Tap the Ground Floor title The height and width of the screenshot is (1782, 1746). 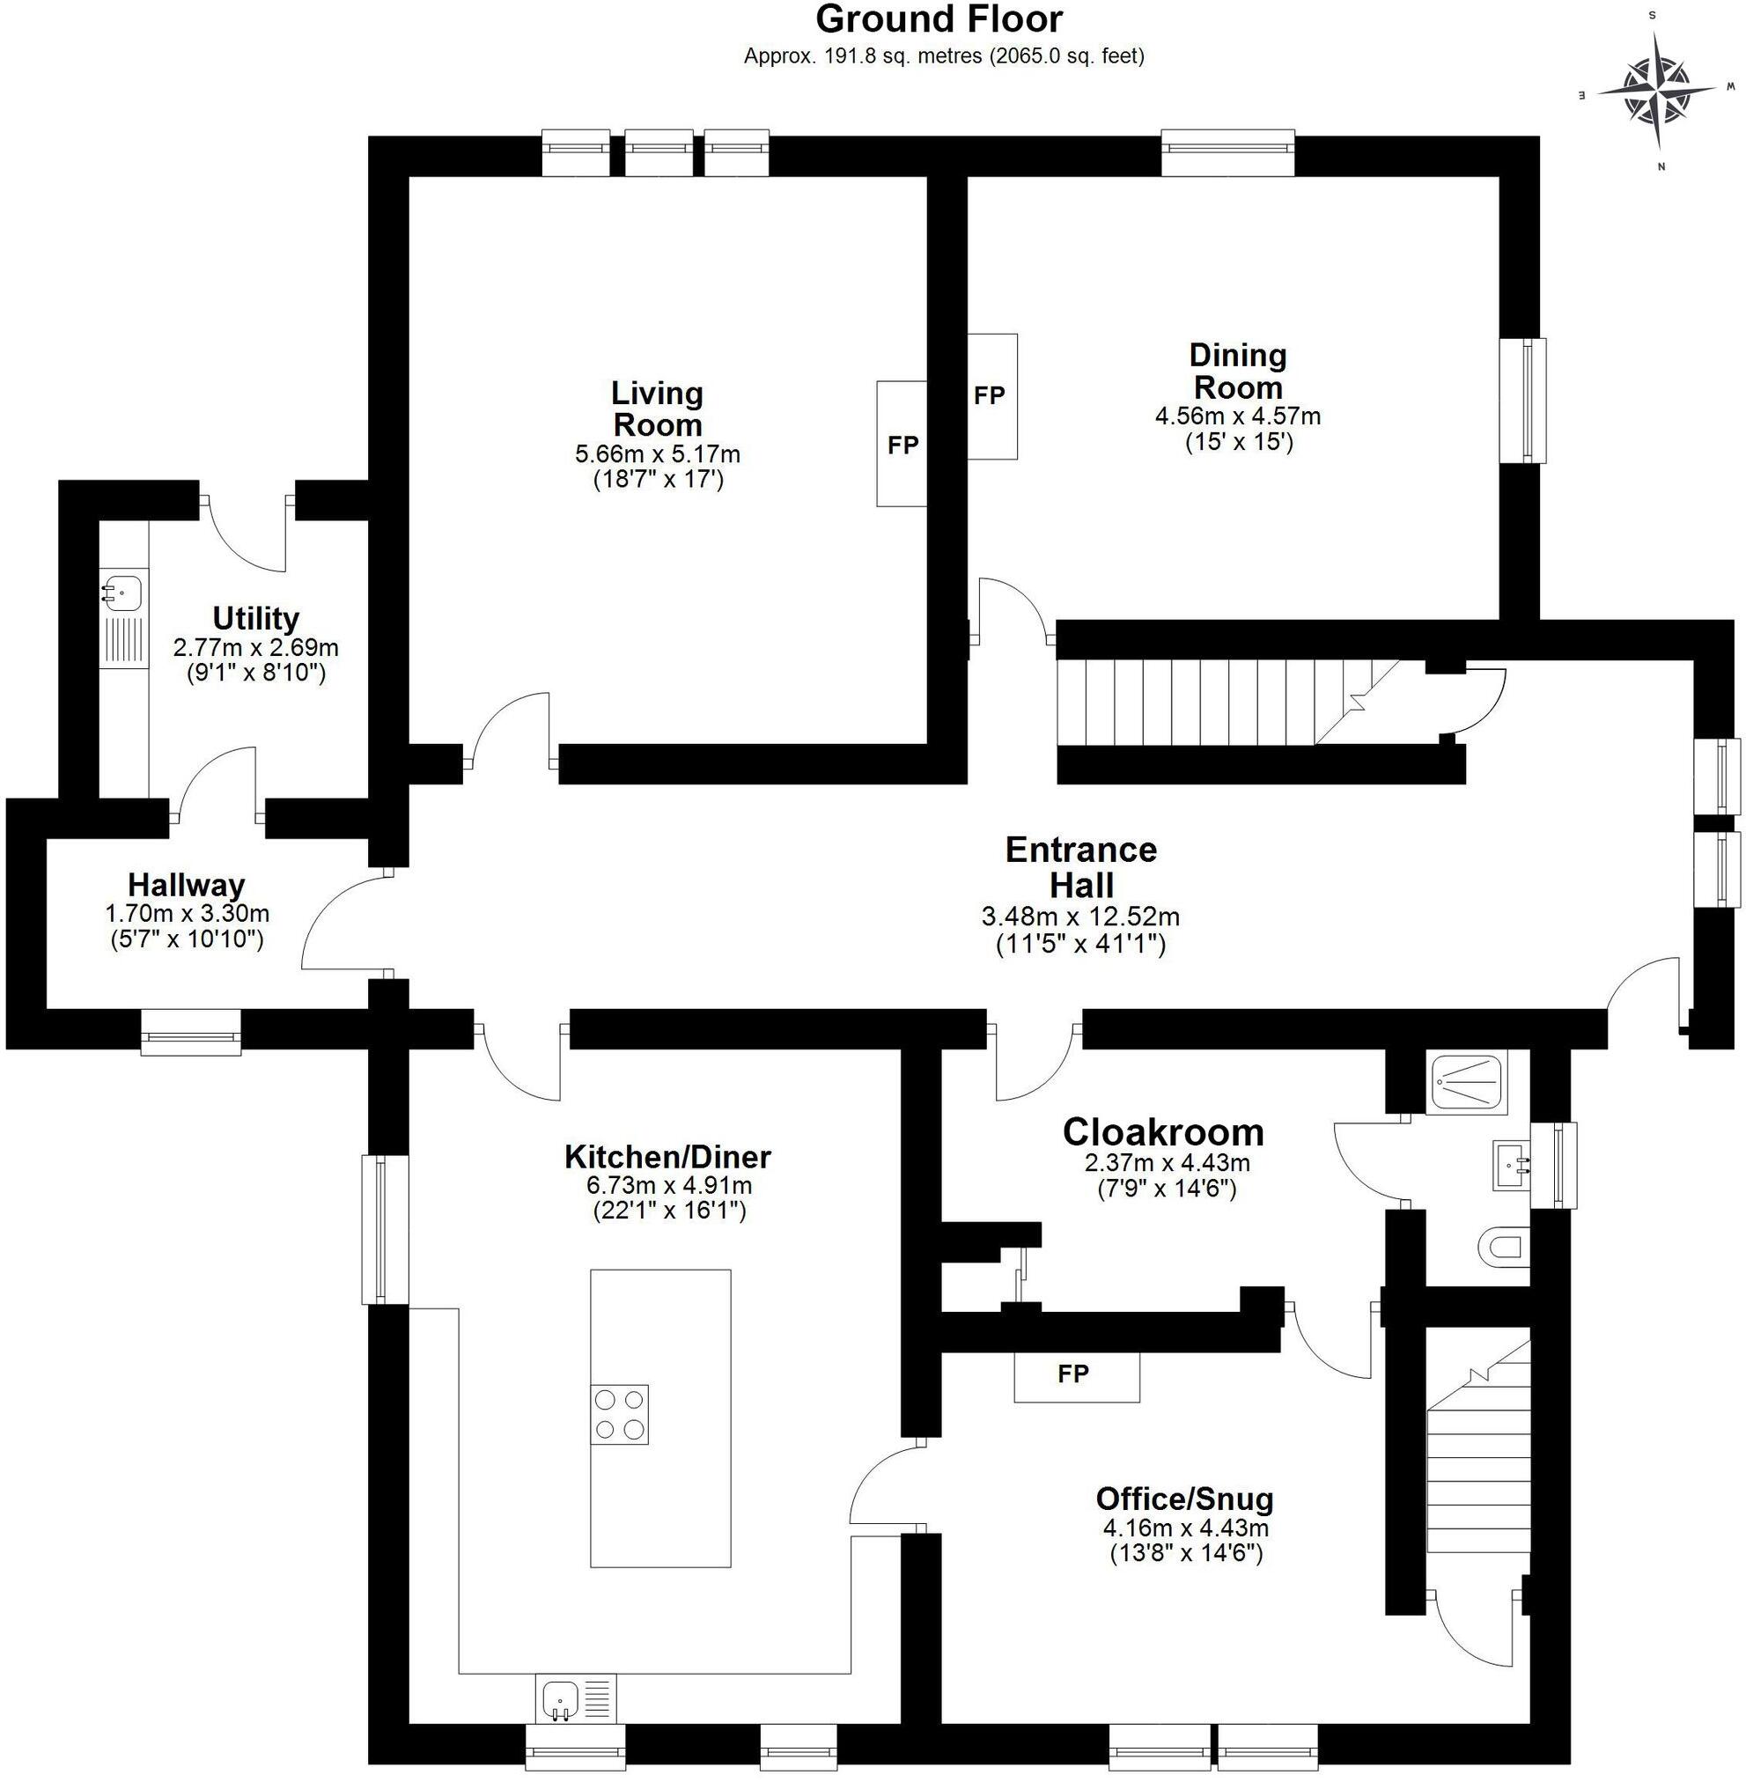938,19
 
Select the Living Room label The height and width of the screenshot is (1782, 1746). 657,409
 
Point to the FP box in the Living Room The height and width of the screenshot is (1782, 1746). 902,444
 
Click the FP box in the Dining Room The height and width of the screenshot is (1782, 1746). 991,396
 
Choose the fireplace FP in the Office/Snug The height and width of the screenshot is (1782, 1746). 1076,1373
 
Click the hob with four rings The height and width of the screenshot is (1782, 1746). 620,1414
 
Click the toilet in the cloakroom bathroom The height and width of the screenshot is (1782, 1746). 1503,1248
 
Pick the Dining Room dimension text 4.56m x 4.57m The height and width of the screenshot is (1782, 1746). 1237,416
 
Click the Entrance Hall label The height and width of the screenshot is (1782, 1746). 1081,866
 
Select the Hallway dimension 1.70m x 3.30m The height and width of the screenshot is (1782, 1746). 187,914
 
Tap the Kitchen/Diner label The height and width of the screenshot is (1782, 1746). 667,1157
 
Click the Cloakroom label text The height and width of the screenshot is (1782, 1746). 1163,1132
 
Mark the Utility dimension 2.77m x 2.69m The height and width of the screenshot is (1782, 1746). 256,647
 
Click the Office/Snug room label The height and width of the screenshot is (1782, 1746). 1185,1498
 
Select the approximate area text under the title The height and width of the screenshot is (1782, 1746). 943,56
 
